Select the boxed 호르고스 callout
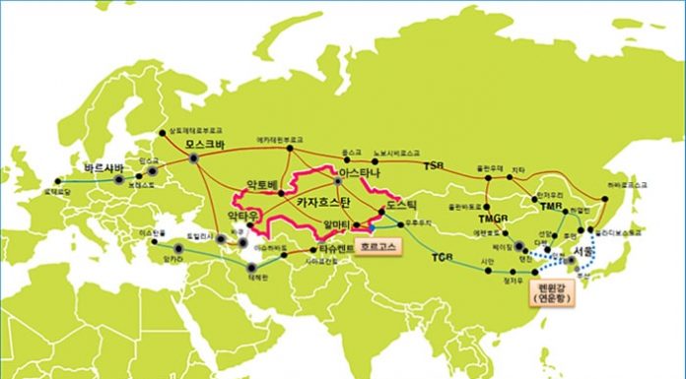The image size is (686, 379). pos(378,247)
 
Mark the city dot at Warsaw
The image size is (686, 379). pos(117,180)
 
